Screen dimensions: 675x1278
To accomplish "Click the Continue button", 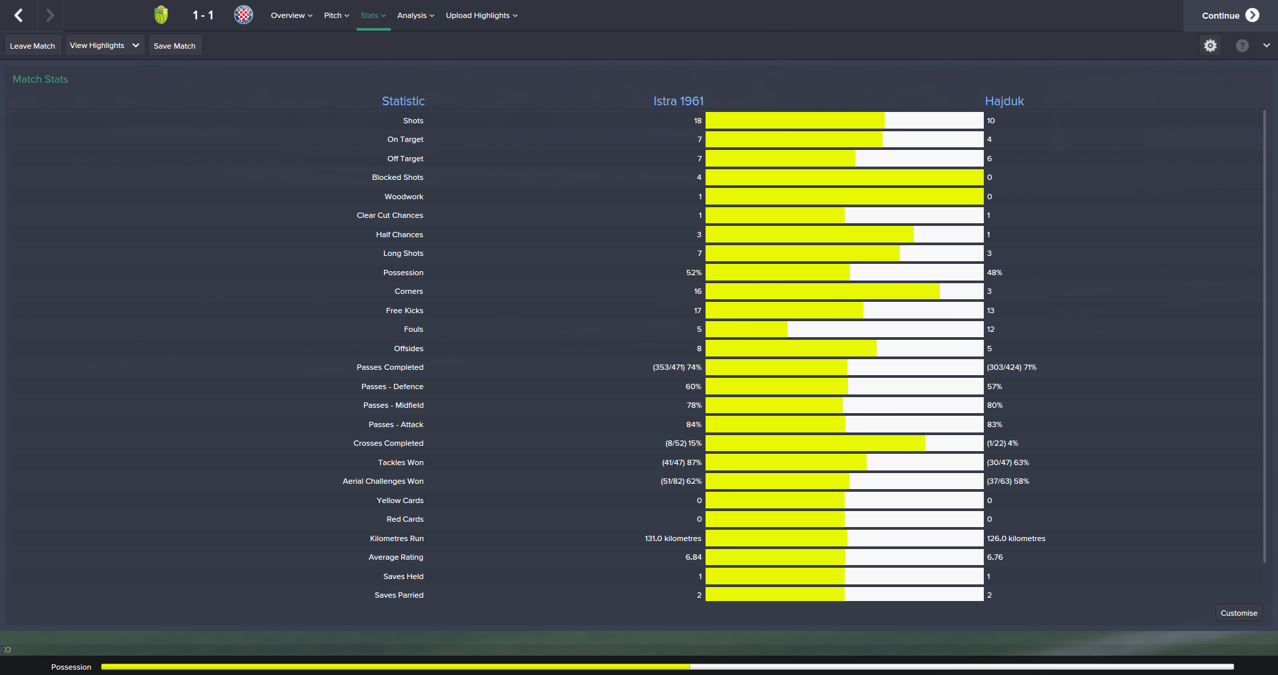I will [1229, 15].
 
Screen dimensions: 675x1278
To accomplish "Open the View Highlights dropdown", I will [105, 45].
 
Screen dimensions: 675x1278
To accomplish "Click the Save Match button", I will [174, 46].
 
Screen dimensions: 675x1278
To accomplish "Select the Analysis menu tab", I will [415, 15].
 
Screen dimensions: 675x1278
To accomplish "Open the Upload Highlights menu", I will [481, 15].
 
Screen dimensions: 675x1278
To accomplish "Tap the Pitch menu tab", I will [336, 15].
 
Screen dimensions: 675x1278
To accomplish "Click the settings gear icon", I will [1210, 45].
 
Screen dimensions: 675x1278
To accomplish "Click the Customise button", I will [1238, 613].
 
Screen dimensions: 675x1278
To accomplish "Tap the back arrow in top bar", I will [19, 15].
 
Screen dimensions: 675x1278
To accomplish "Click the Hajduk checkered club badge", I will [244, 15].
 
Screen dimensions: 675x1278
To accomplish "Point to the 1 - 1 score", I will [203, 15].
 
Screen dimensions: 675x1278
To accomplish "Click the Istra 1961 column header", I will [678, 101].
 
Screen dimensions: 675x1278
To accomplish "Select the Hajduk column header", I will [1004, 101].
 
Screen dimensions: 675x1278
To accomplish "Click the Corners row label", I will [408, 291].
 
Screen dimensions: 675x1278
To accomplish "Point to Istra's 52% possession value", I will [694, 273].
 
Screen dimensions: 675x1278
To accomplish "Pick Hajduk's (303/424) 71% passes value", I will [1011, 367].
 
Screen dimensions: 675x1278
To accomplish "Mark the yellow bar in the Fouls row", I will [746, 329].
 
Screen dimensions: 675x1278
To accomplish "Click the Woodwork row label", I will [403, 197].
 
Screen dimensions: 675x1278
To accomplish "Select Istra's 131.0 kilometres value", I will [672, 538].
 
